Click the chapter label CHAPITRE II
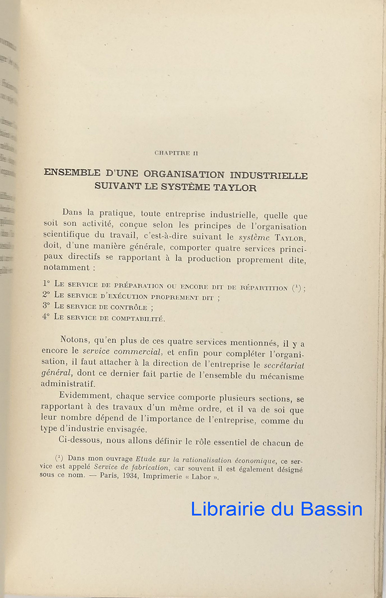point(176,153)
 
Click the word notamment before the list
point(63,268)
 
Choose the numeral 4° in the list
point(46,317)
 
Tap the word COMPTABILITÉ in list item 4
point(137,318)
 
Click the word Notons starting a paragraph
point(75,340)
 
